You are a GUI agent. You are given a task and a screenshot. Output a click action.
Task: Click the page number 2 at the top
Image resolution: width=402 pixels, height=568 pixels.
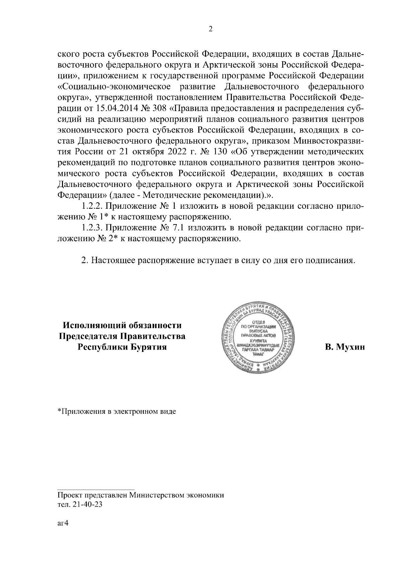(x=210, y=29)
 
